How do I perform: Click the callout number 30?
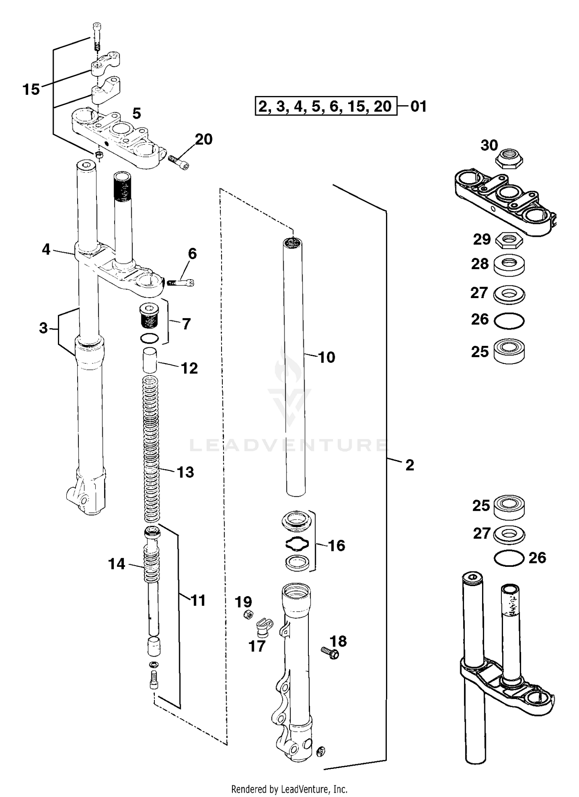489,145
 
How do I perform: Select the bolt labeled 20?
179,162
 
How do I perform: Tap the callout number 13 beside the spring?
185,472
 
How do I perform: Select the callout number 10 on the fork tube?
327,357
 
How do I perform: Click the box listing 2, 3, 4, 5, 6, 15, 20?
326,106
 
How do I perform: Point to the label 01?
418,106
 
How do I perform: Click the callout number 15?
31,89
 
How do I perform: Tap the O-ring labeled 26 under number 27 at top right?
509,321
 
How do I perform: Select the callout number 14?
117,564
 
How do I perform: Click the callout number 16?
336,546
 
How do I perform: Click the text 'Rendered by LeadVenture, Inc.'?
289,789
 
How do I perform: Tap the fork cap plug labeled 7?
149,316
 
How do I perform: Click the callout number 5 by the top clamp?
136,113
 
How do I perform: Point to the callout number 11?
198,600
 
